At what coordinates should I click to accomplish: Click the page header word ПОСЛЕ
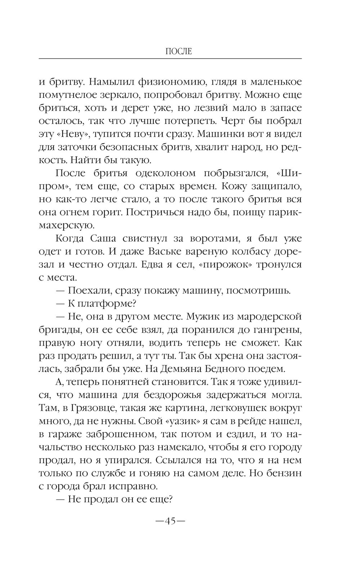[179, 52]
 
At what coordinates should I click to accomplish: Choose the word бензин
[282, 473]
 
